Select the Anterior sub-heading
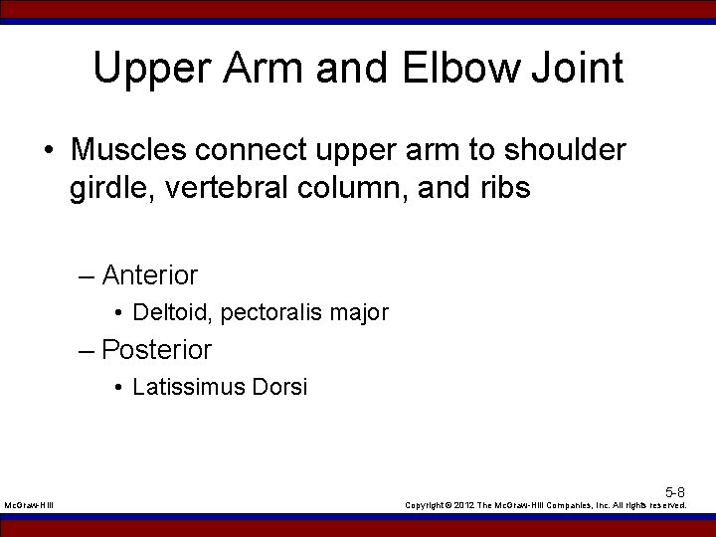click(x=149, y=274)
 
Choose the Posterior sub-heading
click(x=156, y=350)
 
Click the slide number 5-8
click(x=674, y=492)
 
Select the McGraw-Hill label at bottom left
click(x=29, y=506)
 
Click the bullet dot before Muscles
click(x=49, y=151)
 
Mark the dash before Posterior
click(x=89, y=351)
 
